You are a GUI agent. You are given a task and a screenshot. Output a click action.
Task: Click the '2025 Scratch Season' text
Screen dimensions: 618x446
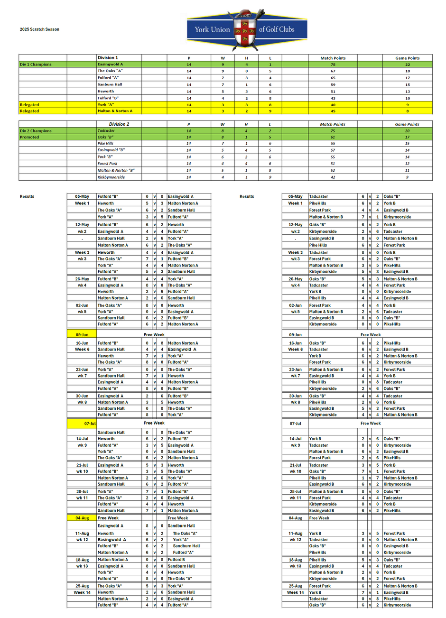tap(39, 29)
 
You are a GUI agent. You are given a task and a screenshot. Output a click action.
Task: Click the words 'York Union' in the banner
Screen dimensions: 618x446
tap(212, 29)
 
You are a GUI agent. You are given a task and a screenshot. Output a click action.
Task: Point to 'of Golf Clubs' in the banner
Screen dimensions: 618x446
tap(277, 29)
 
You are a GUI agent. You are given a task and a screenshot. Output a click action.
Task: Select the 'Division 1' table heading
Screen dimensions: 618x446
tap(108, 58)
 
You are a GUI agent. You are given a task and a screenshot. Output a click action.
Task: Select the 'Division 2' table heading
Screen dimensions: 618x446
tap(119, 124)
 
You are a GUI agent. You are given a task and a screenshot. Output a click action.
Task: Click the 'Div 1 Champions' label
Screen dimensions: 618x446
tap(36, 65)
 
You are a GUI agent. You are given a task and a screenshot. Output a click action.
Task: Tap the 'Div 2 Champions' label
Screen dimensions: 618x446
tap(36, 131)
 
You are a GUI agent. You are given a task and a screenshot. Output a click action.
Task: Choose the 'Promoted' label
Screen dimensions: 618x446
tap(29, 137)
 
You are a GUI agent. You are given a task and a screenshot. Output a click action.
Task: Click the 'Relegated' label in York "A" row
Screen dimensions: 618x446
tap(29, 105)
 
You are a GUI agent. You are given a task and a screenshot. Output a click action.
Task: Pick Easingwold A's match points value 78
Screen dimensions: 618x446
tap(333, 65)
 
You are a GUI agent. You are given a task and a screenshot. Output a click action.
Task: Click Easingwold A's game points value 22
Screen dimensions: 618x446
tap(408, 65)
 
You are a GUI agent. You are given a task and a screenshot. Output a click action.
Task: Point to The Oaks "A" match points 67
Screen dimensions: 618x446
tap(333, 71)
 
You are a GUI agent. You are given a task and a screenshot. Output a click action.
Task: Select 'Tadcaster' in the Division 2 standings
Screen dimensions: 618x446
tap(106, 131)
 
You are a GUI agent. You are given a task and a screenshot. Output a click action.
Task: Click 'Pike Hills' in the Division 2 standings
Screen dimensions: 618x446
tap(105, 143)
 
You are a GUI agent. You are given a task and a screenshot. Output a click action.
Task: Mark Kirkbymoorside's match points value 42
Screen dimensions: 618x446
tap(333, 177)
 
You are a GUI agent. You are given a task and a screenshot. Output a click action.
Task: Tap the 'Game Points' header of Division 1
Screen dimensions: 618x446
tap(408, 58)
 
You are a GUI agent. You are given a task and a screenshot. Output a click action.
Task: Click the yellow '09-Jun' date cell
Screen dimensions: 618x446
tap(82, 335)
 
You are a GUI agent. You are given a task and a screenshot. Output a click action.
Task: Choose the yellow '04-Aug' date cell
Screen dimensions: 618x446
tap(82, 518)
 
